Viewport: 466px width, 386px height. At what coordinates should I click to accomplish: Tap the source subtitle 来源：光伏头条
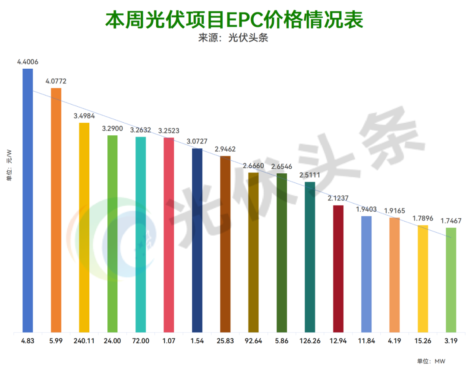point(233,38)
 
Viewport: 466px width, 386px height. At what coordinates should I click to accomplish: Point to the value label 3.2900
point(112,128)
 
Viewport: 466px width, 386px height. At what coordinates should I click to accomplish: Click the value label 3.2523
point(169,131)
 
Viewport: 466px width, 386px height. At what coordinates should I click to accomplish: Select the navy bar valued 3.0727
point(197,240)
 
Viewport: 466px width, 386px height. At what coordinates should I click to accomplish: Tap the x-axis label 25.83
point(225,341)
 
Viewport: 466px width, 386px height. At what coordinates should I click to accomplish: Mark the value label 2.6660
point(253,166)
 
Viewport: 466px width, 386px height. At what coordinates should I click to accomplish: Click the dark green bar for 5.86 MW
point(282,253)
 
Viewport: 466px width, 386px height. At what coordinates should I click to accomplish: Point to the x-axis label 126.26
point(310,341)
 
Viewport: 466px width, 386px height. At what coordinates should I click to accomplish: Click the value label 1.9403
point(366,209)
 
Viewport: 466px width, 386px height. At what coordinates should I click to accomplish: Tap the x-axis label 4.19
point(394,341)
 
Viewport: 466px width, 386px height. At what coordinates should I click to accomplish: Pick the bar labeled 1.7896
point(423,279)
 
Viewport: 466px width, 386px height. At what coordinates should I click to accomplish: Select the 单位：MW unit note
point(431,361)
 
